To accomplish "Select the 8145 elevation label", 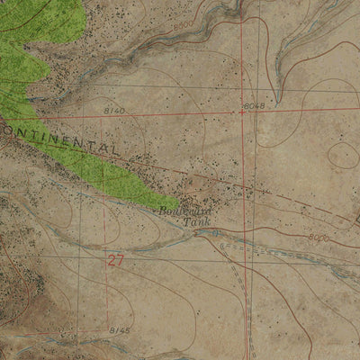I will (x=119, y=332).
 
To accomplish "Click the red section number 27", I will (x=114, y=262).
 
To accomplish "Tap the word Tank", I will (x=194, y=220).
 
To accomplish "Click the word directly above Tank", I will (x=184, y=210).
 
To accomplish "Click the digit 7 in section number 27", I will (x=119, y=262).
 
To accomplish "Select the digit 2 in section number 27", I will (x=110, y=262).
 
